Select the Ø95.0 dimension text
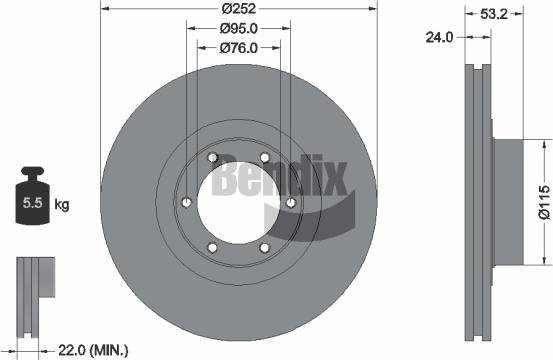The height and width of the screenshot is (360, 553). pos(240,29)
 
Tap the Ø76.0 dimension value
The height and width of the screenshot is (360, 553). pos(240,46)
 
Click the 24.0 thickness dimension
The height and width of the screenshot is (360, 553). pos(441,38)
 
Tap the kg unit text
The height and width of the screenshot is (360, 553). pos(62,205)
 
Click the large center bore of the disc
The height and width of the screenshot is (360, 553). pos(239,203)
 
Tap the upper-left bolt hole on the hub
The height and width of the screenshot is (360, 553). pos(213,158)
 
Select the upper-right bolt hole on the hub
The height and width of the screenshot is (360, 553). pos(265,158)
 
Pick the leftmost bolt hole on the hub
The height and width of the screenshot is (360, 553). pos(187,203)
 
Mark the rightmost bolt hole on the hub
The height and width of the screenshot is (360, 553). pos(291,203)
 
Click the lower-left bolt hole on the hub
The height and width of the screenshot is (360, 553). pos(213,248)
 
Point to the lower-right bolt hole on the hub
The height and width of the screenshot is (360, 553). pos(265,248)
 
